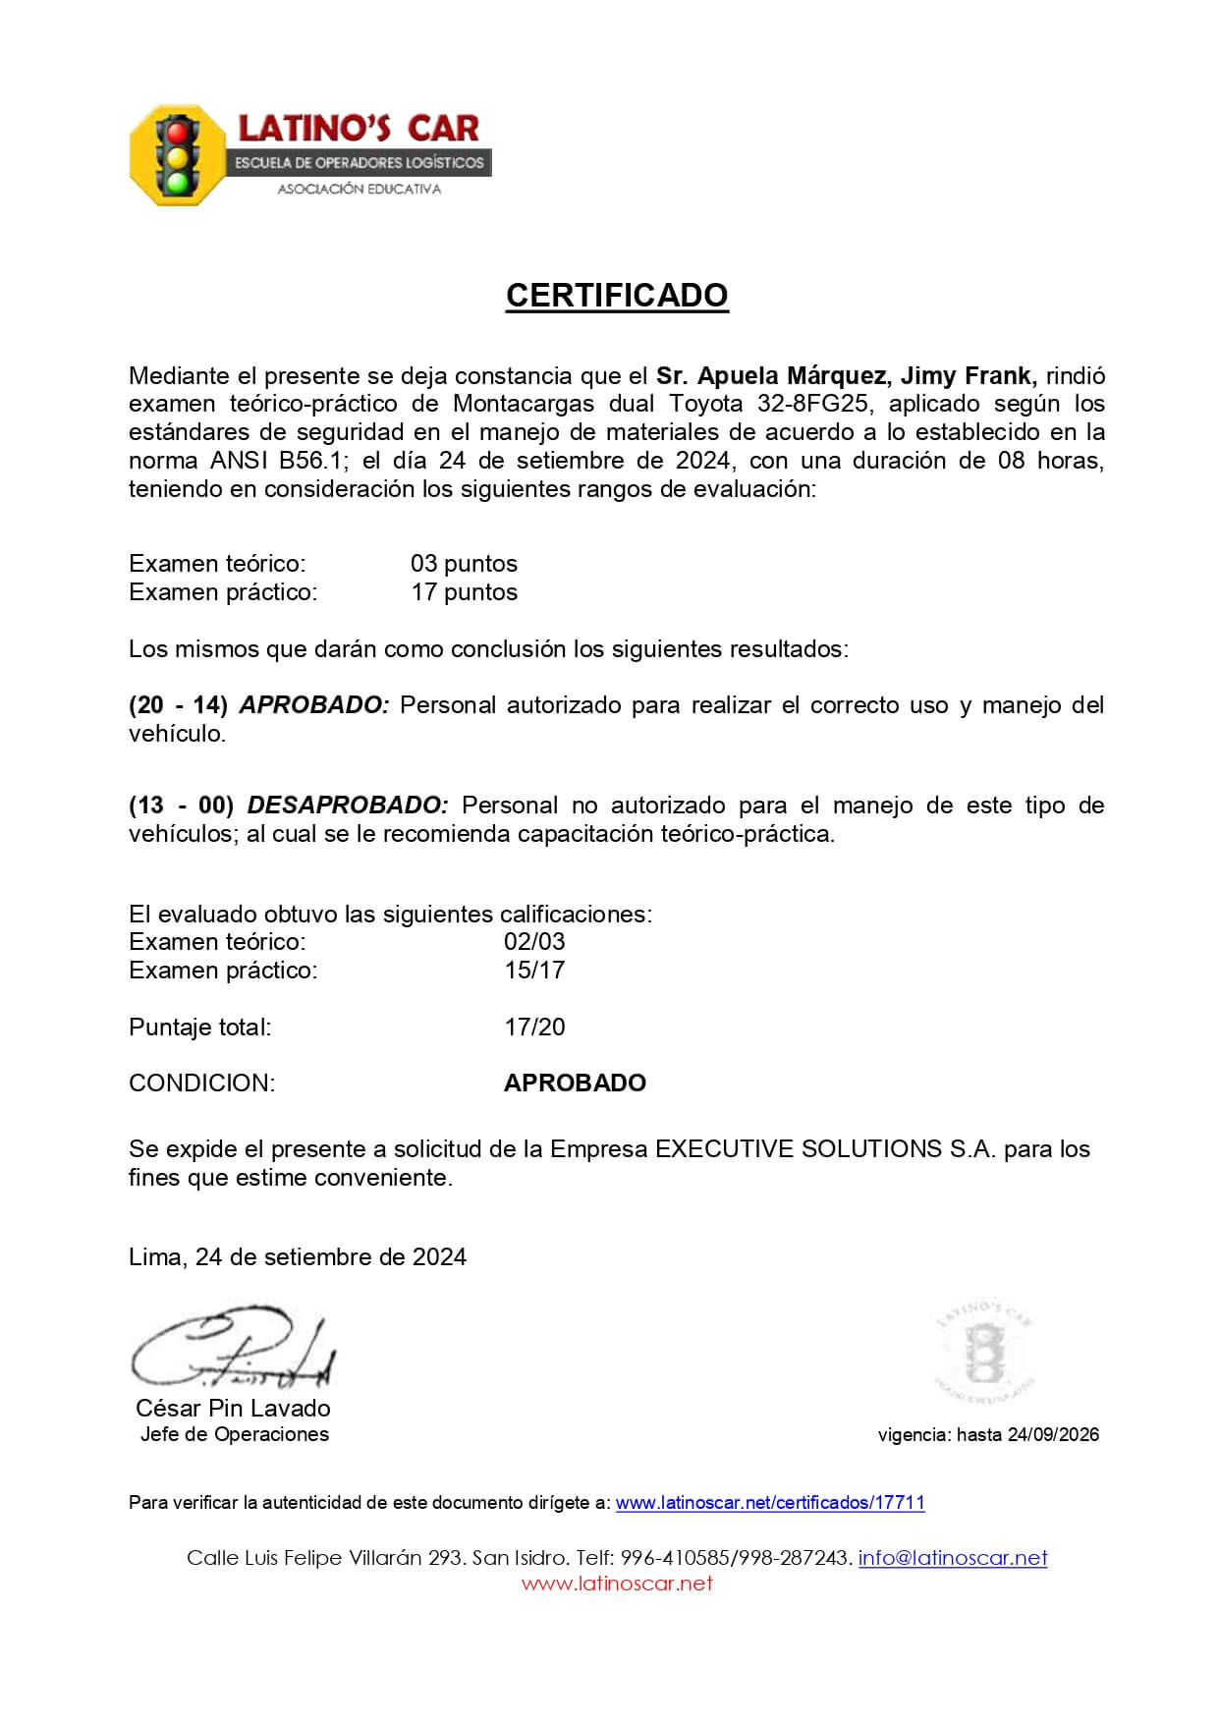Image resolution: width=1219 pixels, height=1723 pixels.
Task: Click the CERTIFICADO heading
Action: click(616, 296)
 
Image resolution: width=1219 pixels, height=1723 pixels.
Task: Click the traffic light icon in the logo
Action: click(178, 155)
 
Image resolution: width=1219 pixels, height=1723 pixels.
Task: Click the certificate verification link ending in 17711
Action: click(769, 1502)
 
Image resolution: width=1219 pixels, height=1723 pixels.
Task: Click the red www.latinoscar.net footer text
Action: click(616, 1583)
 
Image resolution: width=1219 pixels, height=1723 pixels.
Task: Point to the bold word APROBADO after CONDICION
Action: click(575, 1083)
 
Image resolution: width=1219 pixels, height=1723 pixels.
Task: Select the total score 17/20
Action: click(534, 1027)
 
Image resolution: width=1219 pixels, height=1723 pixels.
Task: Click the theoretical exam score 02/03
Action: click(534, 941)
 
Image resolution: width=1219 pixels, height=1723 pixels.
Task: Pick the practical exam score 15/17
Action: click(534, 970)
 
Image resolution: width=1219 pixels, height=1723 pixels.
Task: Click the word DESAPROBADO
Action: click(347, 806)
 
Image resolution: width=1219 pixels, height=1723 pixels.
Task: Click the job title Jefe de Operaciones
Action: click(234, 1434)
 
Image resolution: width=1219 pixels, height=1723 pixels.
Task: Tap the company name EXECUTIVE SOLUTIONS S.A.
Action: click(825, 1148)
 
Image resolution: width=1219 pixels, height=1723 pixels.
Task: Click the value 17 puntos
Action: click(464, 591)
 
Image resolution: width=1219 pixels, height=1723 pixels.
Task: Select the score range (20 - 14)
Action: click(178, 705)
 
